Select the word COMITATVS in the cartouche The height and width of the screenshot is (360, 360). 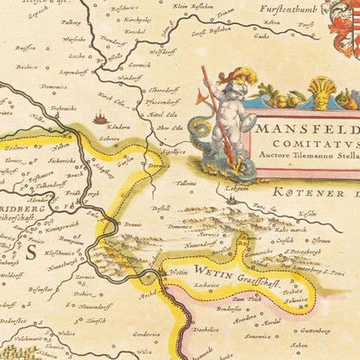coord(305,145)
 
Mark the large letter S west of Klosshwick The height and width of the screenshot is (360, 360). coord(26,252)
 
